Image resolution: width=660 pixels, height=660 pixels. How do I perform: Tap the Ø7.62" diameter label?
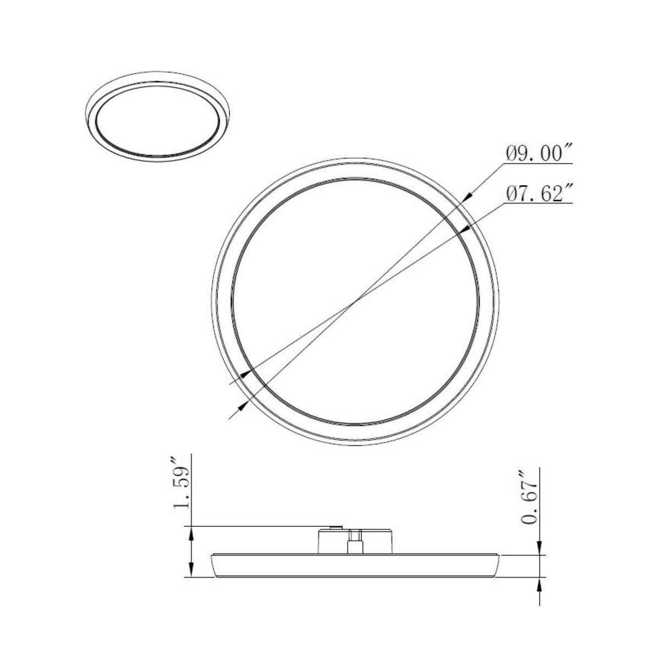540,194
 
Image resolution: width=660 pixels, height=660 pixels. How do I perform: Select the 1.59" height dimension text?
182,490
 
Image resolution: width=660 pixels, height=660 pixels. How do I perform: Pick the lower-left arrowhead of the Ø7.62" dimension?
245,373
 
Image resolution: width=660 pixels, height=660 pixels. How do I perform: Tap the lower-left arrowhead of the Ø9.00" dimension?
243,405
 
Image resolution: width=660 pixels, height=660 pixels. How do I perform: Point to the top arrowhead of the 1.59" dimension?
190,531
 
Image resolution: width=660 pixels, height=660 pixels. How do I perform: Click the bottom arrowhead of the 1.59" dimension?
190,573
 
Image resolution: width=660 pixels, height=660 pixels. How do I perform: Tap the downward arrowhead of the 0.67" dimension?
540,550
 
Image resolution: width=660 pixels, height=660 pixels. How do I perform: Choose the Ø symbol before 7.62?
510,194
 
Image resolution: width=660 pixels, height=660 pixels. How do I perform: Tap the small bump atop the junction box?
333,526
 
